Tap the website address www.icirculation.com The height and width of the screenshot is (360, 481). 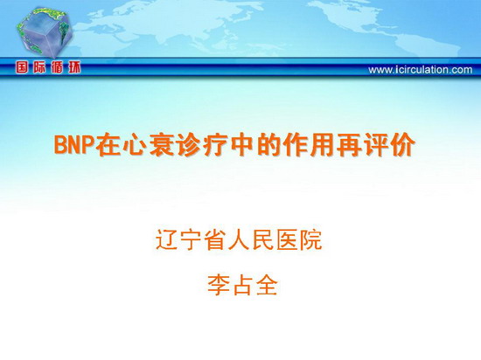(421, 70)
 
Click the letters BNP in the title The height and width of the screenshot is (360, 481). (73, 145)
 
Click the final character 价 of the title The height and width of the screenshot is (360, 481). (403, 145)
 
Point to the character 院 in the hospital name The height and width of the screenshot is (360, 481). (310, 239)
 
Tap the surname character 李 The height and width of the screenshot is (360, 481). (219, 285)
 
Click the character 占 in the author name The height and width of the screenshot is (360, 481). (242, 285)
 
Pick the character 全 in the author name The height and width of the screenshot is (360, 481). (267, 285)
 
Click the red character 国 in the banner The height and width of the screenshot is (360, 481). (22, 67)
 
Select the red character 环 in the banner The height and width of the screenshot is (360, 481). (74, 67)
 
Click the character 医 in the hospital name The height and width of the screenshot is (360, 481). (287, 239)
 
